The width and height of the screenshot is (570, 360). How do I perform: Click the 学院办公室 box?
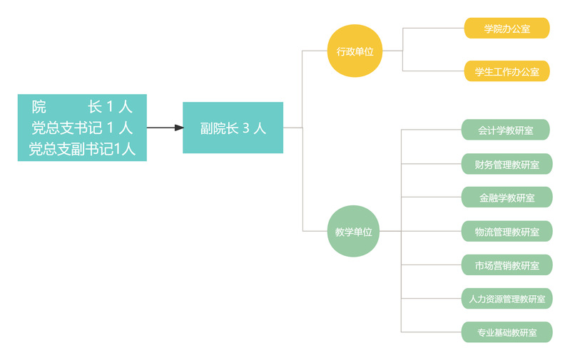507,29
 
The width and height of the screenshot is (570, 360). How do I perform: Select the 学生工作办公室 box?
507,71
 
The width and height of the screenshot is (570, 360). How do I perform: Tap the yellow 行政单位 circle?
355,51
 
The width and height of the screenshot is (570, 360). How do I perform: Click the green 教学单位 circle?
354,231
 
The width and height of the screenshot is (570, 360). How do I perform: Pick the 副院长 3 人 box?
233,128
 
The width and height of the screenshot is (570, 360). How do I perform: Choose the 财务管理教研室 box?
507,164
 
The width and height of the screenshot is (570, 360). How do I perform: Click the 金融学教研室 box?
507,197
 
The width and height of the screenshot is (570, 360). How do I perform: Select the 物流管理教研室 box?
507,231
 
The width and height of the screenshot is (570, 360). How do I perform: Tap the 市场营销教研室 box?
507,265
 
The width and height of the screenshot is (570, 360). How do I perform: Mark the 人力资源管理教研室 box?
507,299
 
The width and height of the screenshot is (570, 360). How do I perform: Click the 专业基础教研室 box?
507,332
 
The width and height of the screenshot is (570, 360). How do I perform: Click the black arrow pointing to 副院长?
165,128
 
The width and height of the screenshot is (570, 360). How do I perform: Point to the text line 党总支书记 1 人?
82,128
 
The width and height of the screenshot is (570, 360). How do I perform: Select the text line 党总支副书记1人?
82,149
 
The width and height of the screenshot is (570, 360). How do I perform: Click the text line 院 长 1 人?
82,107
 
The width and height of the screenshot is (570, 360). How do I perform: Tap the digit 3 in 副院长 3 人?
245,128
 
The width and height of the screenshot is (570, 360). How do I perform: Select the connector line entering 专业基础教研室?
432,332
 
